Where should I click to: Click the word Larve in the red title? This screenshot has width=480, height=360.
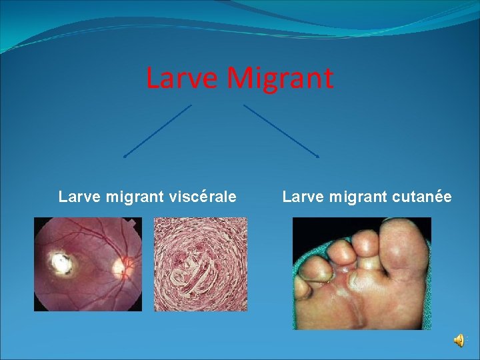[182, 78]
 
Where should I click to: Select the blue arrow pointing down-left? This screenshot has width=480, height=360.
[157, 131]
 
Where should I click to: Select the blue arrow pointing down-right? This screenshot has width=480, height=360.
[281, 131]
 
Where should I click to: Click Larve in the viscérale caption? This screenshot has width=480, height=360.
[77, 197]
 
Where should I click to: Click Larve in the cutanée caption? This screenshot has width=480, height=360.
[301, 197]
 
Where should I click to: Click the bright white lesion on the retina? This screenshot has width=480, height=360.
[63, 263]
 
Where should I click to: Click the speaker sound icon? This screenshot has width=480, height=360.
[459, 341]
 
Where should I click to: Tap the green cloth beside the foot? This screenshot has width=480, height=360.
[304, 313]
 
